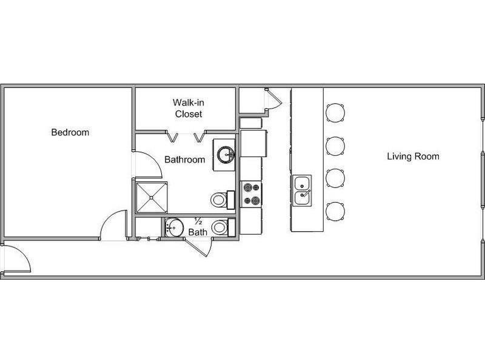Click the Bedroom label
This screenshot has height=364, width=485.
pos(70,132)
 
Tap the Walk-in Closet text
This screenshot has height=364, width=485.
pos(189,109)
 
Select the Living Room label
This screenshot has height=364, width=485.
pos(413,157)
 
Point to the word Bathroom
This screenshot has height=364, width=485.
pos(185,160)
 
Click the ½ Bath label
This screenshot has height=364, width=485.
pos(198,227)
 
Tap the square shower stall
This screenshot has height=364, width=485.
pos(152,198)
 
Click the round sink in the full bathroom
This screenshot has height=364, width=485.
pos(226,155)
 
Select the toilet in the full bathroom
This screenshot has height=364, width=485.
pos(222,200)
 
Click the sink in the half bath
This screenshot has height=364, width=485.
pos(174,228)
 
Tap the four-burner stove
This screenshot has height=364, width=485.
pos(252,194)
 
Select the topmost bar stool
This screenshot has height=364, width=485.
pos(335,112)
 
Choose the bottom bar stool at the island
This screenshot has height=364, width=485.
pos(335,211)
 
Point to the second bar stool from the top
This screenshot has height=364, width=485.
pos(335,146)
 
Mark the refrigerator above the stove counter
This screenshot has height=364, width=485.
pos(253,143)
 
